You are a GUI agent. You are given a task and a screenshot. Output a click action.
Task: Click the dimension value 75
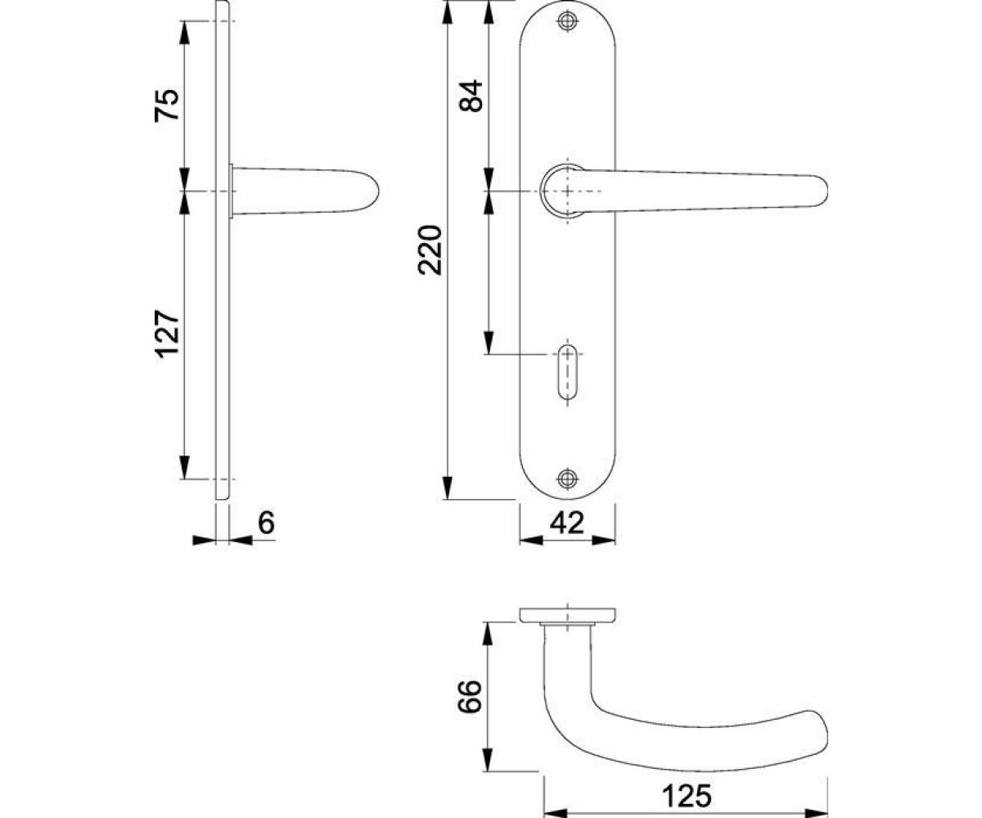tap(167, 105)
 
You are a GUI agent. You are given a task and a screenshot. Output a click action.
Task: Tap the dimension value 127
tap(168, 335)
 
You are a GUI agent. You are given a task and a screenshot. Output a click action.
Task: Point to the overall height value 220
tap(430, 250)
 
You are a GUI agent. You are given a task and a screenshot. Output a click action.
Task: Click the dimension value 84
tap(471, 96)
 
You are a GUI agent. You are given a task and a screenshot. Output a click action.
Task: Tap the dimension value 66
tap(470, 696)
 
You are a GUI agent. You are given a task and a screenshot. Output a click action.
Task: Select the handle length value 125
tap(687, 783)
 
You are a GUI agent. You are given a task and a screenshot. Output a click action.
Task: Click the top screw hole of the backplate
tap(568, 20)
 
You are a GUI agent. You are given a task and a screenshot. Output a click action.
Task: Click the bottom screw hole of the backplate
tap(568, 478)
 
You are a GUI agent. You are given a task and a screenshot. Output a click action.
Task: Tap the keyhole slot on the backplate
tap(568, 373)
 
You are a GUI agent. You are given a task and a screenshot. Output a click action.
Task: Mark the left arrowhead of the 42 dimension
tap(530, 540)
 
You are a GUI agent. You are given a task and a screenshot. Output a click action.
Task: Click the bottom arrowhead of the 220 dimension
tap(448, 488)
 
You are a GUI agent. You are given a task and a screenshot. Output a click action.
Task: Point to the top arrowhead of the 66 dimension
tap(489, 634)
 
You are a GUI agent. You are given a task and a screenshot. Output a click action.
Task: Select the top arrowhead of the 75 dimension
tap(184, 33)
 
